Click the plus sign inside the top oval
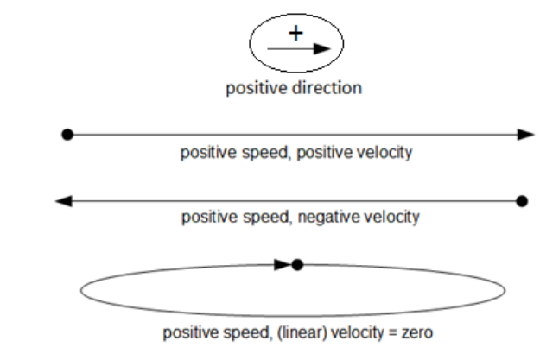[x=296, y=34]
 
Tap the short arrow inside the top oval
[x=299, y=49]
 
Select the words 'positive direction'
[x=294, y=89]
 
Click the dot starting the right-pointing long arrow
[x=67, y=135]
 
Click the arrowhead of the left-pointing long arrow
[x=63, y=201]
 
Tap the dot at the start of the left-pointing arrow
[x=521, y=201]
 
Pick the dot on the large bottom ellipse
[x=297, y=264]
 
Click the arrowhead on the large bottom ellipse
[x=283, y=264]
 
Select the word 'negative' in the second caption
[x=324, y=218]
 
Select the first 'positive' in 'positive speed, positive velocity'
[x=206, y=153]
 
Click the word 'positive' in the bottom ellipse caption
[x=187, y=332]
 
